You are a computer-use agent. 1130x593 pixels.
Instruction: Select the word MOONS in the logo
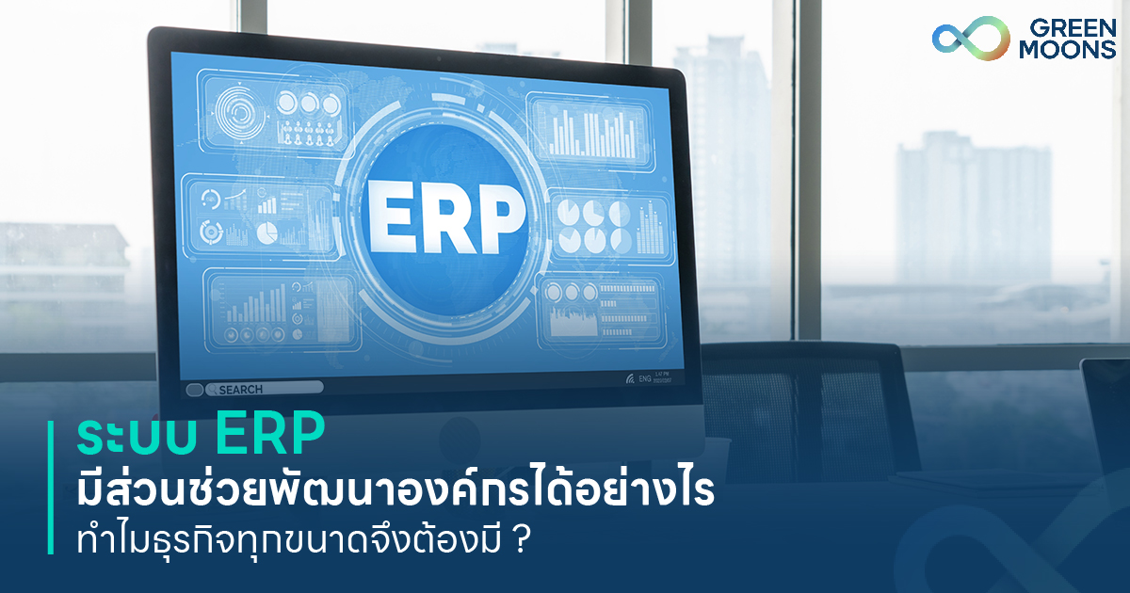[x=1067, y=50]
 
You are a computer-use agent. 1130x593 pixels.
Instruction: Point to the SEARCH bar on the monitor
[x=264, y=388]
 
